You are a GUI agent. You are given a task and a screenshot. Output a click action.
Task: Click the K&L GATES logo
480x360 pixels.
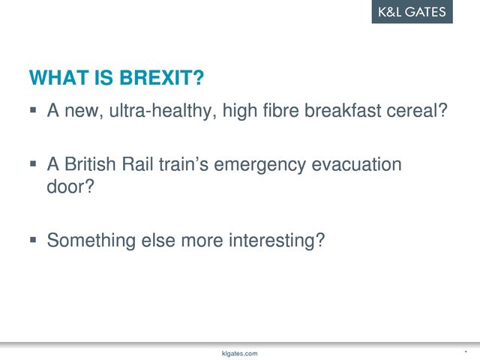pyautogui.click(x=412, y=12)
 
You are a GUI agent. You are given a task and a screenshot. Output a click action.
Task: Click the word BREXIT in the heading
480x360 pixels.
pyautogui.click(x=162, y=78)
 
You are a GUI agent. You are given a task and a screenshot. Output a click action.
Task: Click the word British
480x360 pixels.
pyautogui.click(x=90, y=164)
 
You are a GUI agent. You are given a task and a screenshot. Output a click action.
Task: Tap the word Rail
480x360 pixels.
pyautogui.click(x=137, y=164)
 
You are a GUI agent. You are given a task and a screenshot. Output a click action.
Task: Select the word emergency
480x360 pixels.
pyautogui.click(x=259, y=165)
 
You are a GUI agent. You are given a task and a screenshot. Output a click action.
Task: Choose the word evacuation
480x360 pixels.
pyautogui.click(x=356, y=164)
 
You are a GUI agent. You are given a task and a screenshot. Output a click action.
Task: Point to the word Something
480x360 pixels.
pyautogui.click(x=91, y=241)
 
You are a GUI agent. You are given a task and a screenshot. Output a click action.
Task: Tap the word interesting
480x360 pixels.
pyautogui.click(x=277, y=241)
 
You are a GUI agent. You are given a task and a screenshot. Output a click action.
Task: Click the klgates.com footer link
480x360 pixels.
pyautogui.click(x=240, y=353)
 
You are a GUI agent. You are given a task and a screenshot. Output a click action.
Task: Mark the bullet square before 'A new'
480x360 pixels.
pyautogui.click(x=33, y=110)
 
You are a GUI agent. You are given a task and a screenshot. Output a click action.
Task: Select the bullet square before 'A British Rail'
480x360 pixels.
pyautogui.click(x=33, y=163)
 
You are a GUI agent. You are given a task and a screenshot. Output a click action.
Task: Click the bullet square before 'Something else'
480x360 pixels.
pyautogui.click(x=33, y=239)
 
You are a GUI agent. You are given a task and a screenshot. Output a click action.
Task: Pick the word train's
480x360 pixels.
pyautogui.click(x=184, y=164)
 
